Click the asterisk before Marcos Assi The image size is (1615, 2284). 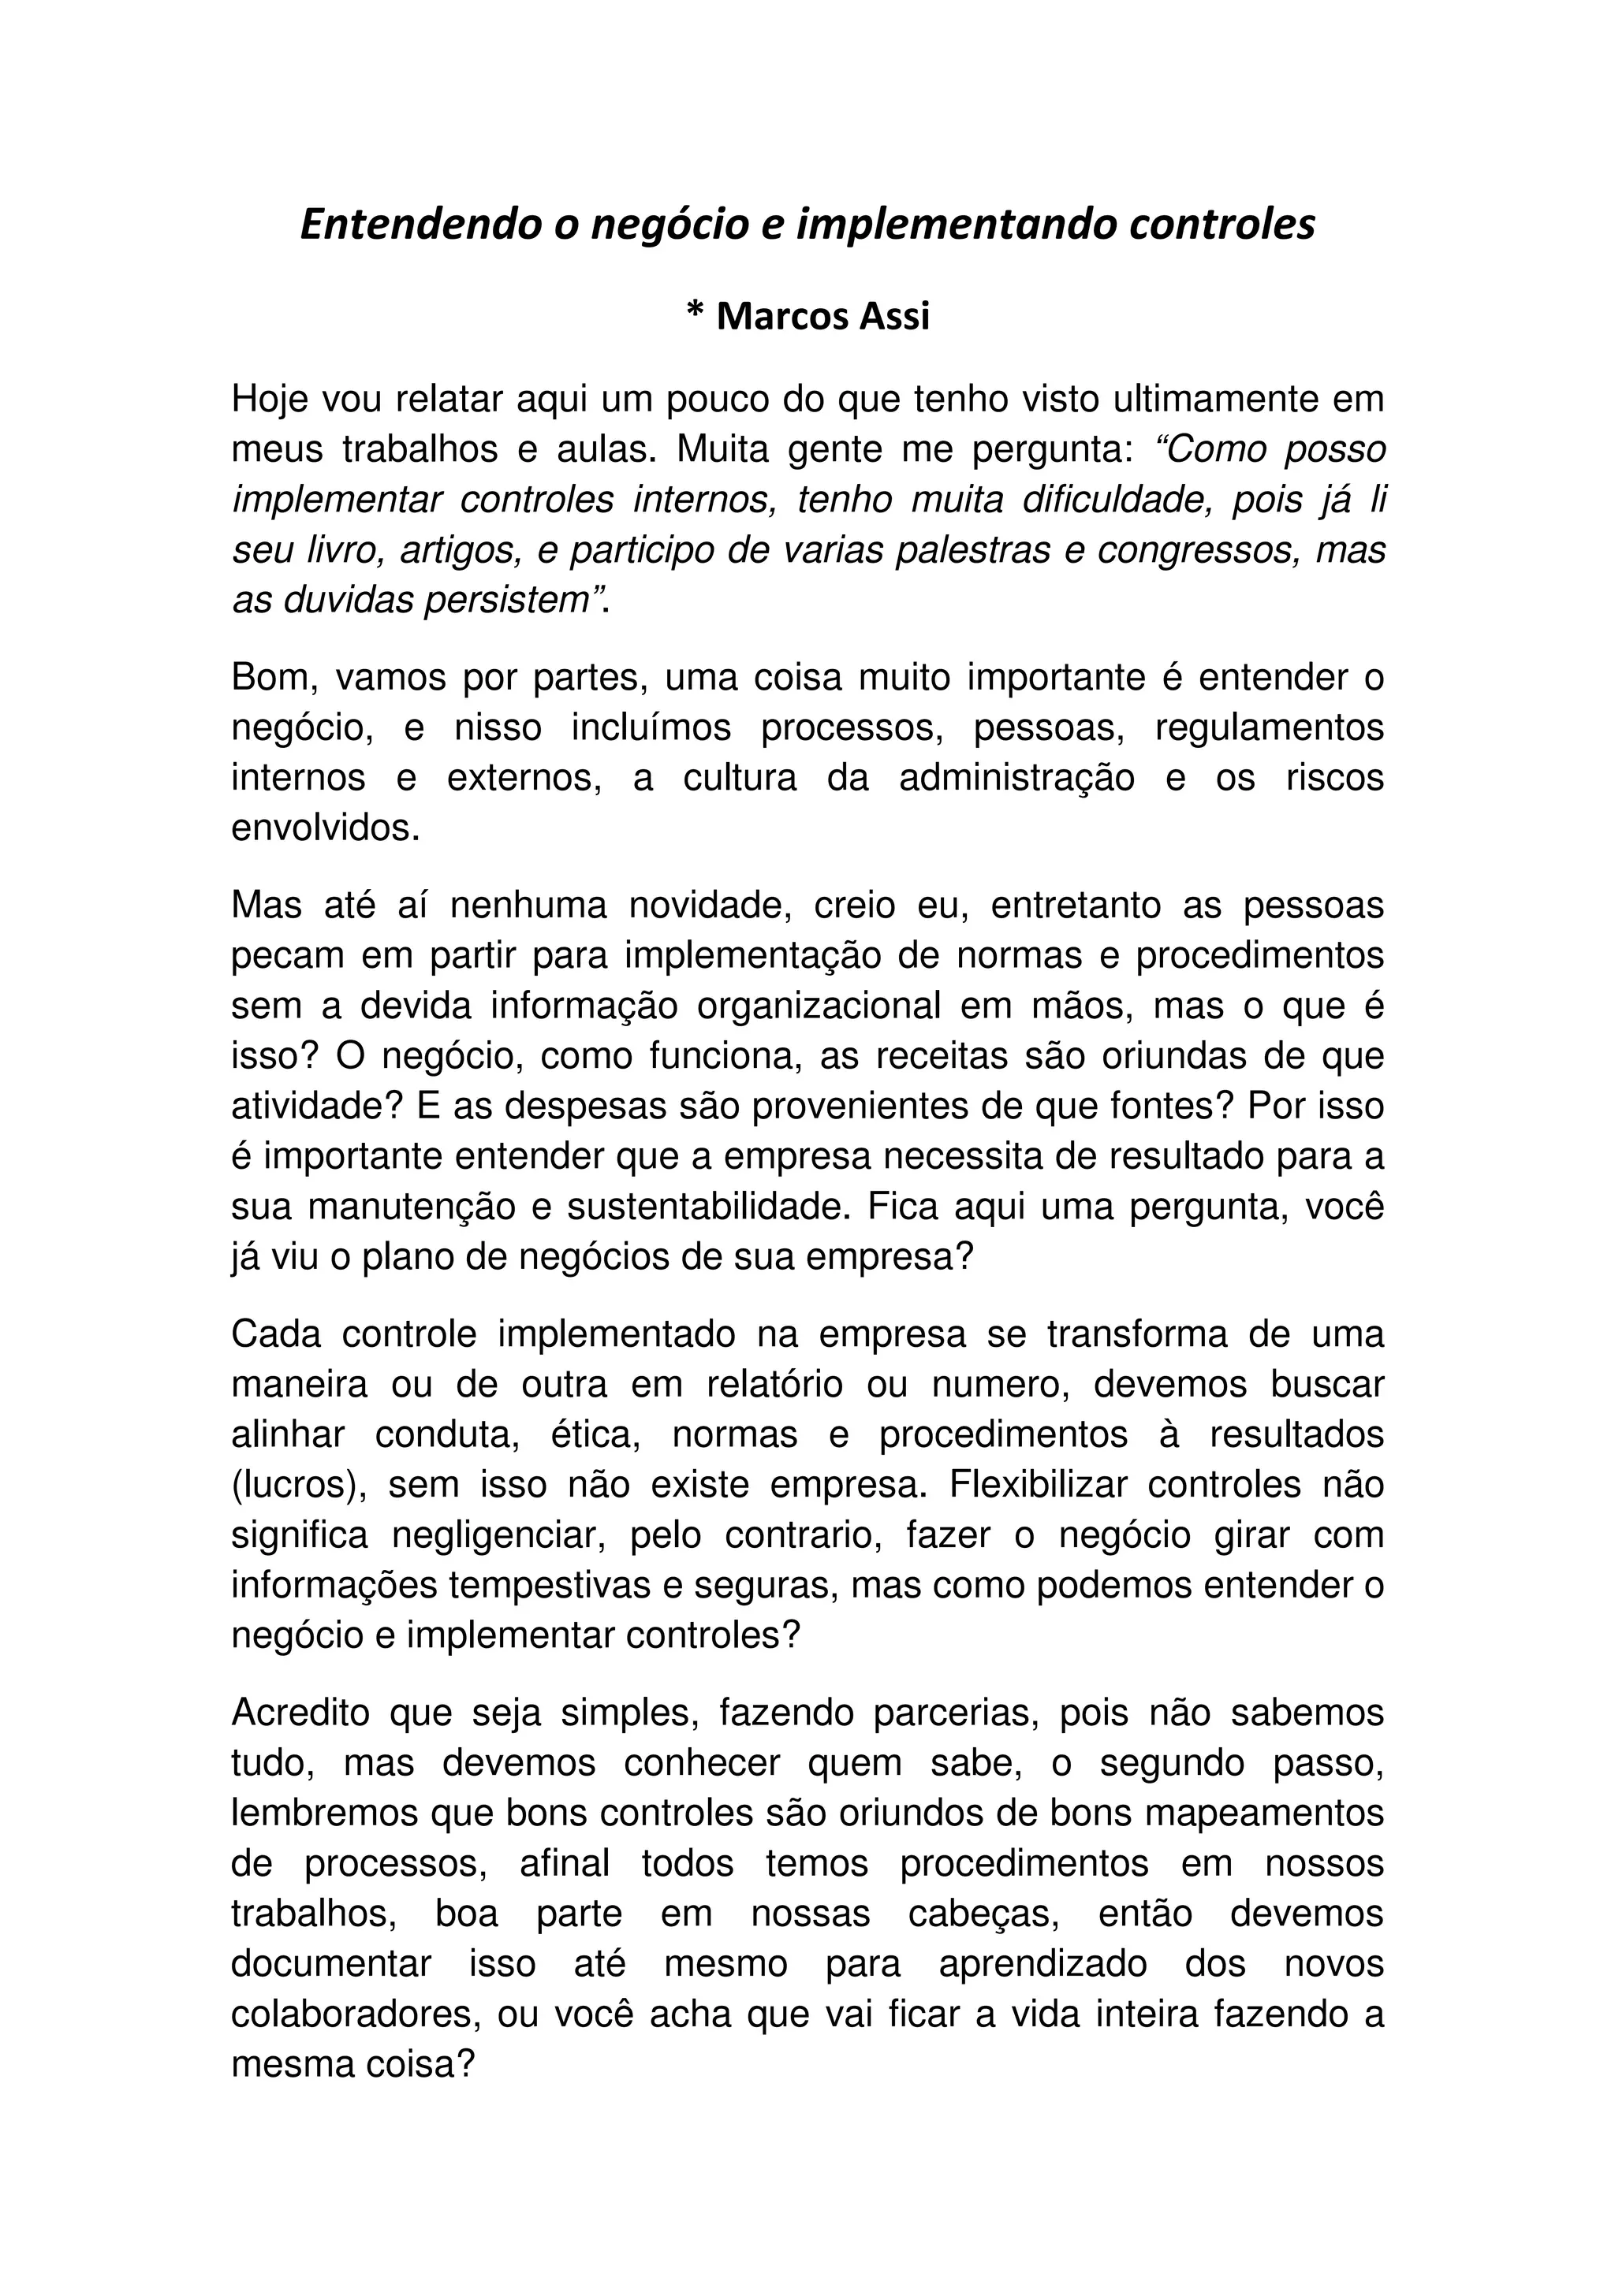click(695, 314)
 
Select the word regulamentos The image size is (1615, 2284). click(1270, 727)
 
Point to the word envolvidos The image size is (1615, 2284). click(324, 828)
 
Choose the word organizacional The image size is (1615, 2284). click(819, 1006)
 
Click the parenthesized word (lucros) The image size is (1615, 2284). click(295, 1485)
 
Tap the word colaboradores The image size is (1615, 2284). click(357, 2014)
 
